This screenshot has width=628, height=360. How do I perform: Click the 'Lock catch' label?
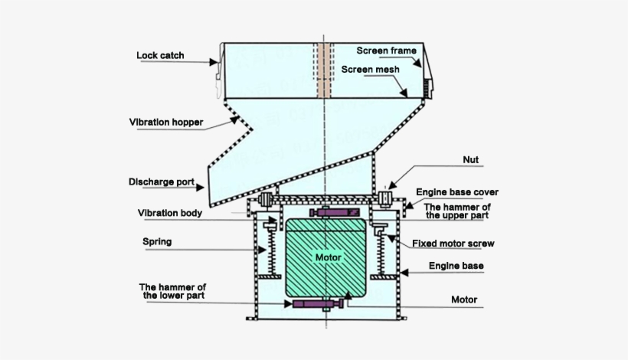tap(160, 55)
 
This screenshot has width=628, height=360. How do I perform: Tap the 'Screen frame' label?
tap(387, 51)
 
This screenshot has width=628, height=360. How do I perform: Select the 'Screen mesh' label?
tap(371, 69)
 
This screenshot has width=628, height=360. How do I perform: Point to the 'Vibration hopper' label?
tap(166, 122)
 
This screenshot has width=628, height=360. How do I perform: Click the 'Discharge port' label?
tap(162, 182)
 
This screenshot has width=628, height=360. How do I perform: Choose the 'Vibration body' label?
tap(170, 213)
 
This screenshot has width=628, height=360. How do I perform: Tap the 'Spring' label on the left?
tap(157, 242)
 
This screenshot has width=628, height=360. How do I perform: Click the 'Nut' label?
tap(470, 160)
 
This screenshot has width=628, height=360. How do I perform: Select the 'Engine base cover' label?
tap(457, 192)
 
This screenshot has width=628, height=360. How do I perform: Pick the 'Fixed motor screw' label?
tap(453, 244)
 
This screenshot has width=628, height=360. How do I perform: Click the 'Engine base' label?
tap(456, 266)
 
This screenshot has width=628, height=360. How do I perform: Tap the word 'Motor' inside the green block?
tap(329, 257)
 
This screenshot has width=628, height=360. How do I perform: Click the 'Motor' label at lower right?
tap(464, 299)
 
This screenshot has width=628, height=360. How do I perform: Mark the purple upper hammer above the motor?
tap(335, 212)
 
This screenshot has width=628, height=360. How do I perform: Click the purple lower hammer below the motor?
tap(319, 304)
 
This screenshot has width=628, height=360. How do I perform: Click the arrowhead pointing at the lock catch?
tap(214, 62)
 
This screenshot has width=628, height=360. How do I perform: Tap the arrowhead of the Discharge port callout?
tap(200, 187)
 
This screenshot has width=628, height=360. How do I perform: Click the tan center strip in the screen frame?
tap(324, 70)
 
